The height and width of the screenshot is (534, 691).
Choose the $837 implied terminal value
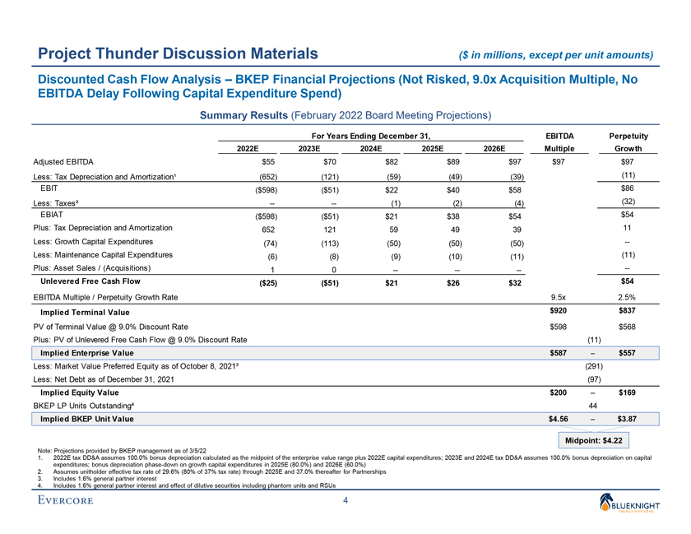click(x=628, y=310)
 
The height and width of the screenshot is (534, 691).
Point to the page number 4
click(x=345, y=501)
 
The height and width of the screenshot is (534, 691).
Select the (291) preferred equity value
click(x=593, y=365)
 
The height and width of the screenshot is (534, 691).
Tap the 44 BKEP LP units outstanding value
click(x=593, y=406)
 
